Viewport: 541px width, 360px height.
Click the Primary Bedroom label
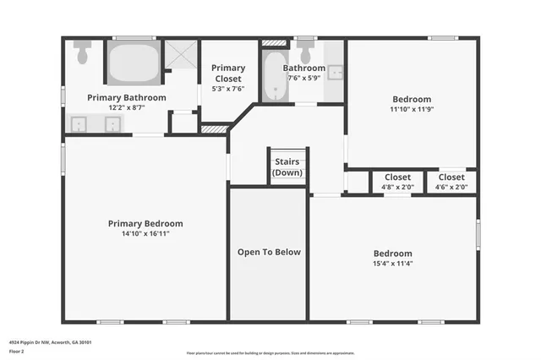[145, 224]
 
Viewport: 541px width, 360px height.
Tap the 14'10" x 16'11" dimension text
[145, 234]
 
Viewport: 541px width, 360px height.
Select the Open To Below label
[269, 252]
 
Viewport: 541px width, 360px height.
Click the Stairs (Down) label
[287, 167]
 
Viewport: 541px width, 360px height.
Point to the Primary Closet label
[228, 73]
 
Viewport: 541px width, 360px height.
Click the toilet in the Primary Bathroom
[82, 52]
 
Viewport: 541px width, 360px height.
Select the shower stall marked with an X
[179, 55]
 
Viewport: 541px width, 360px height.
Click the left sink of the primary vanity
[80, 125]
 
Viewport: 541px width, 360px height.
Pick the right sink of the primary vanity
[112, 125]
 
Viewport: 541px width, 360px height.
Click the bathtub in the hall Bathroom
[273, 79]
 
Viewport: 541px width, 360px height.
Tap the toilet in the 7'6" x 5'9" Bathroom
[305, 51]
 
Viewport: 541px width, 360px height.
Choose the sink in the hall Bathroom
[335, 72]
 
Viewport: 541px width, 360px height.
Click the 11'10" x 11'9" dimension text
[410, 108]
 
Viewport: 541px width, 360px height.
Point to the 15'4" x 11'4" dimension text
[393, 263]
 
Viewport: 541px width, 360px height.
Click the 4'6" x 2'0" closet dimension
[451, 187]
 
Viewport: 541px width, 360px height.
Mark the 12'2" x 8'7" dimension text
[127, 107]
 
